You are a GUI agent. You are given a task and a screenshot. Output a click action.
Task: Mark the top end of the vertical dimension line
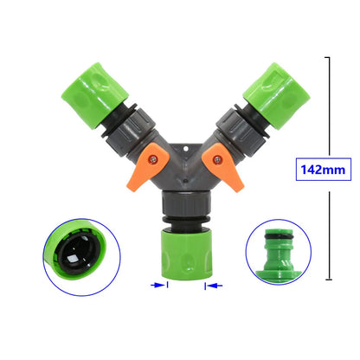pyautogui.click(x=329, y=58)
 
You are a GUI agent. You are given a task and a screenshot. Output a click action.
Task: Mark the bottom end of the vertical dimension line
pyautogui.click(x=329, y=279)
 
